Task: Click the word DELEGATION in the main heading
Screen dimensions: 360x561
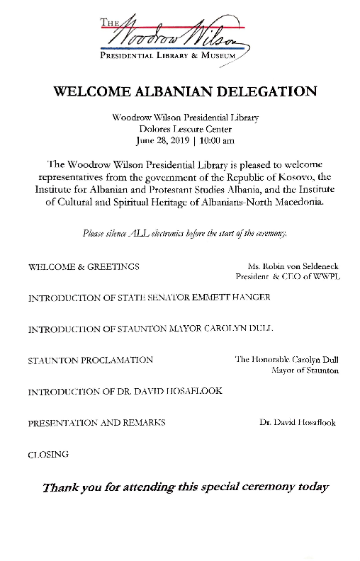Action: [x=266, y=91]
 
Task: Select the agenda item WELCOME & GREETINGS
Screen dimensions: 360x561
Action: [x=84, y=267]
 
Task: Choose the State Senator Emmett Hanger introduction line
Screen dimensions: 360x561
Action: [x=149, y=298]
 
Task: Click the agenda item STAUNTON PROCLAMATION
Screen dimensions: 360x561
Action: [x=90, y=360]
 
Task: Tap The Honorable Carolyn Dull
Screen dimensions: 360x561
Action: [x=286, y=360]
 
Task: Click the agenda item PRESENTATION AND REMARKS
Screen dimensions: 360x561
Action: [x=96, y=423]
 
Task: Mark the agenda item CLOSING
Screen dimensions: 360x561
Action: [x=48, y=454]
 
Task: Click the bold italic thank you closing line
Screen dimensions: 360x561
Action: [x=185, y=487]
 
